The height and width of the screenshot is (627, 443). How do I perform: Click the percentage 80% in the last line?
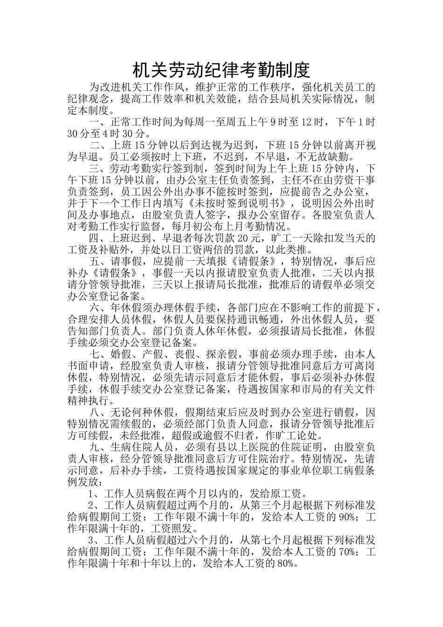click(x=287, y=564)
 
